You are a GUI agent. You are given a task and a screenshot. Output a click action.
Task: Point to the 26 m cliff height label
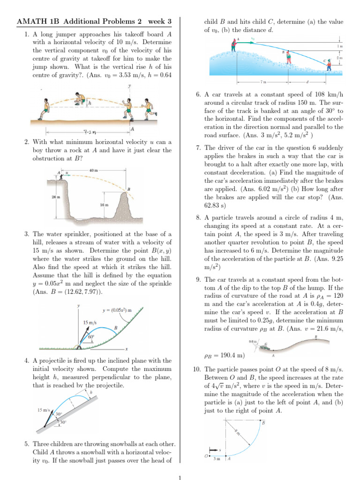(x=55, y=197)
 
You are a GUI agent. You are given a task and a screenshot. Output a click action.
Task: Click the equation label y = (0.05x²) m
(x=117, y=310)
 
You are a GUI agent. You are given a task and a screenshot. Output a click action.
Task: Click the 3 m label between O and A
(x=217, y=459)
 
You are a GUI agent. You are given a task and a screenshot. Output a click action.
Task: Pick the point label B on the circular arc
(x=263, y=423)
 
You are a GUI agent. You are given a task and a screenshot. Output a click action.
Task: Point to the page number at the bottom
(x=180, y=478)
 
